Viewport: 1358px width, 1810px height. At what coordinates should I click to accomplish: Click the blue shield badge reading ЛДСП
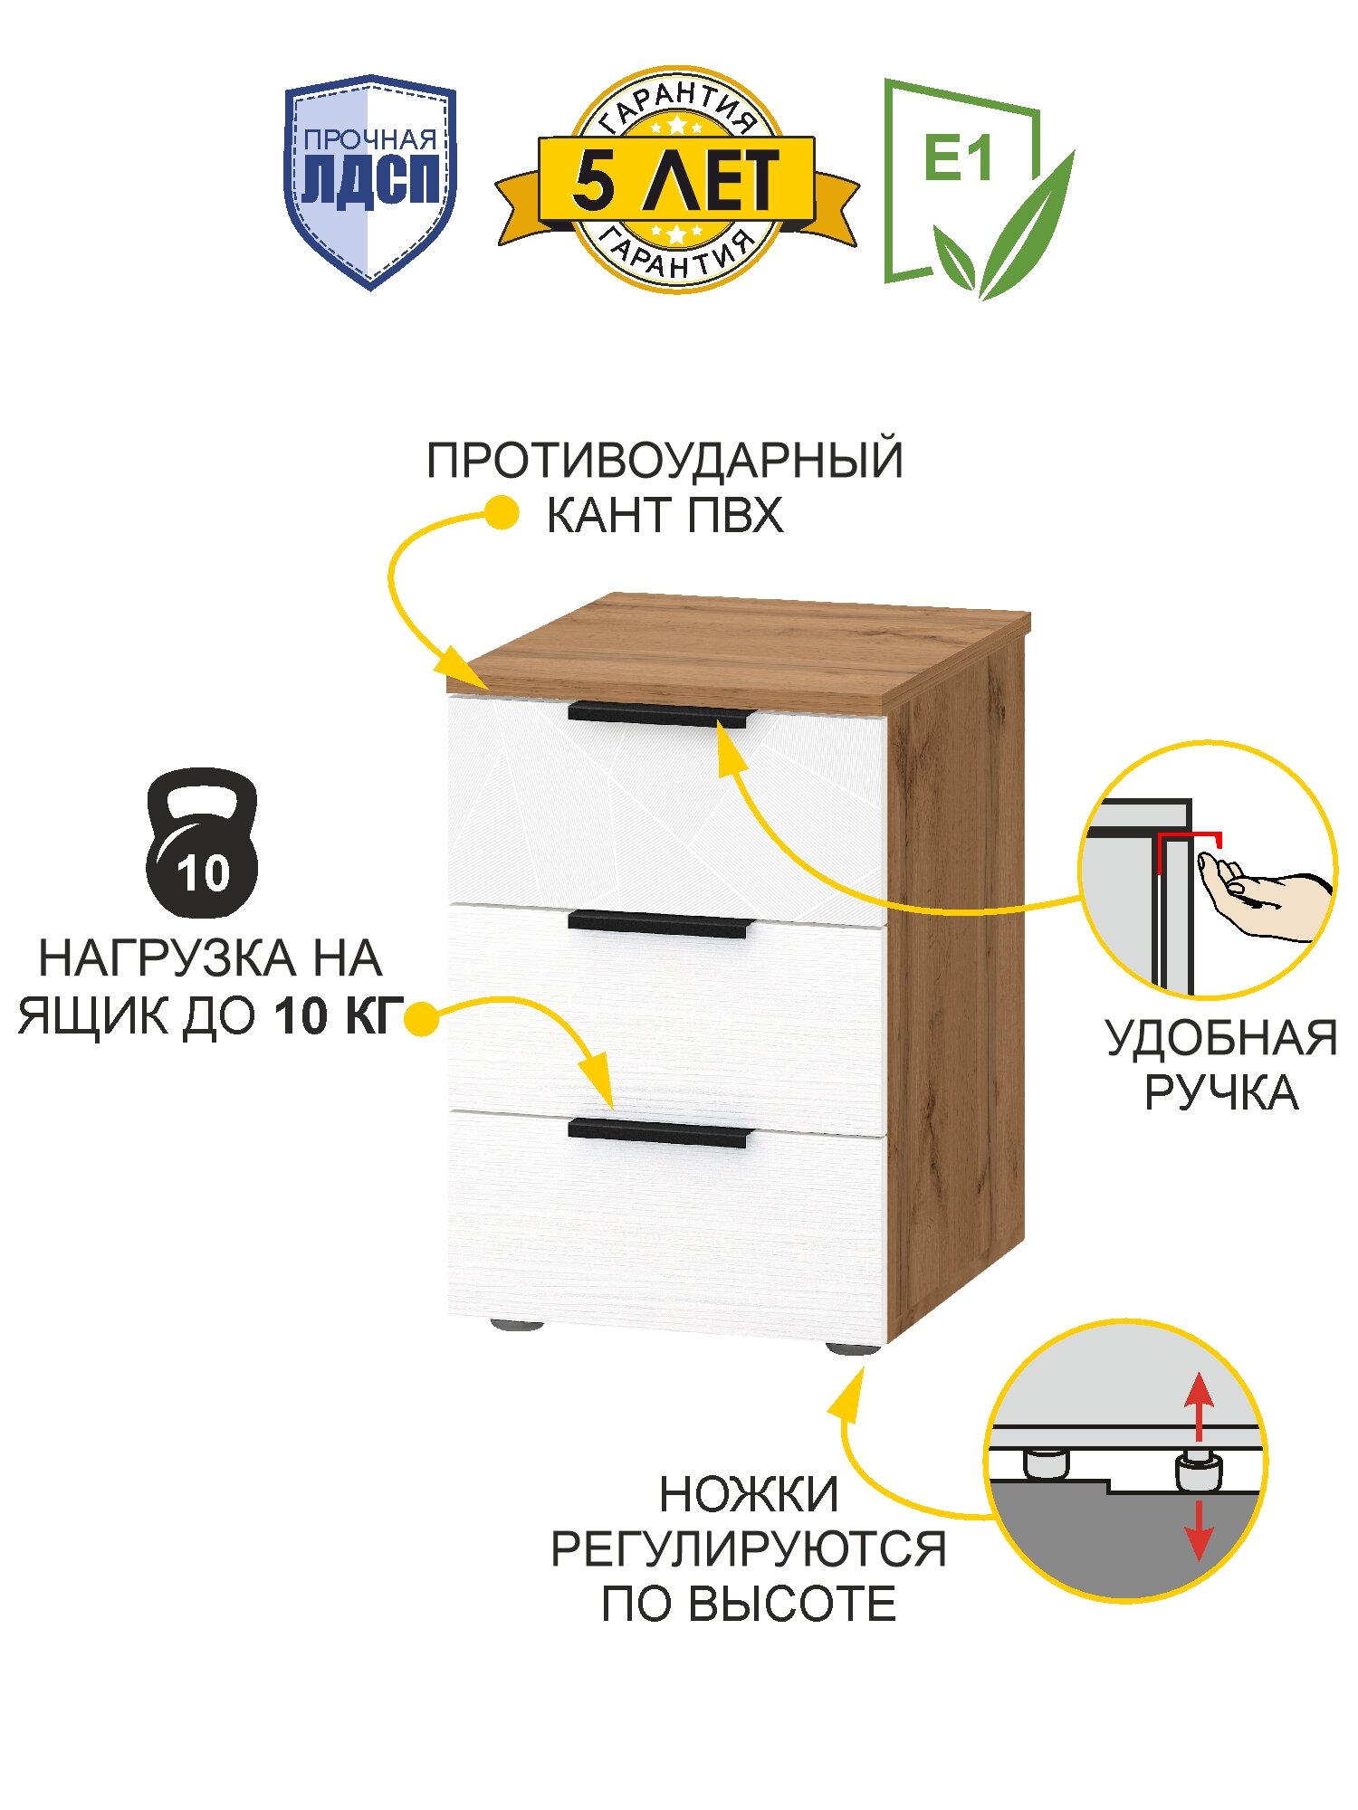tap(370, 181)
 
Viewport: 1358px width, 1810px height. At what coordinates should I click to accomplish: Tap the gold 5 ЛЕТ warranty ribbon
tap(676, 179)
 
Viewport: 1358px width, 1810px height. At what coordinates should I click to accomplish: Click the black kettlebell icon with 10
tap(202, 843)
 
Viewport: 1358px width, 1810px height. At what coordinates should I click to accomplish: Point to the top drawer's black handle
tap(660, 715)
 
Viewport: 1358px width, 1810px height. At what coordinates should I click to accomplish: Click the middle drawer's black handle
tap(660, 924)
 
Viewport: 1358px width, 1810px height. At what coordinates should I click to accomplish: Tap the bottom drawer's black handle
tap(660, 1132)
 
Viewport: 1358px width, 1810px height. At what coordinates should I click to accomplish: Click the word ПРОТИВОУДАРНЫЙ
tap(665, 461)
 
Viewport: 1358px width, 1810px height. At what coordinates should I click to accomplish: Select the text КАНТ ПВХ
tap(665, 516)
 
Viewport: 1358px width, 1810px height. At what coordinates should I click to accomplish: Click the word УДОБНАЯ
tap(1220, 1038)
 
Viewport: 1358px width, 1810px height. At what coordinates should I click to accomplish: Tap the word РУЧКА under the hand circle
tap(1220, 1093)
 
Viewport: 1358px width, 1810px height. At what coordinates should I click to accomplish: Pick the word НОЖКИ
tap(749, 1495)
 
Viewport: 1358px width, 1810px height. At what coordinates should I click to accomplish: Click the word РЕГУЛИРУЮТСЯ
tap(749, 1549)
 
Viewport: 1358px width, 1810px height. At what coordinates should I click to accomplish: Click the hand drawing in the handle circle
tap(1263, 898)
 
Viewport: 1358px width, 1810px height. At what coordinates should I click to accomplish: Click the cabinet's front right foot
tap(852, 1348)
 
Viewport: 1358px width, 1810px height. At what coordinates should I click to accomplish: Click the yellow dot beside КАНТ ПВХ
tap(501, 514)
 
